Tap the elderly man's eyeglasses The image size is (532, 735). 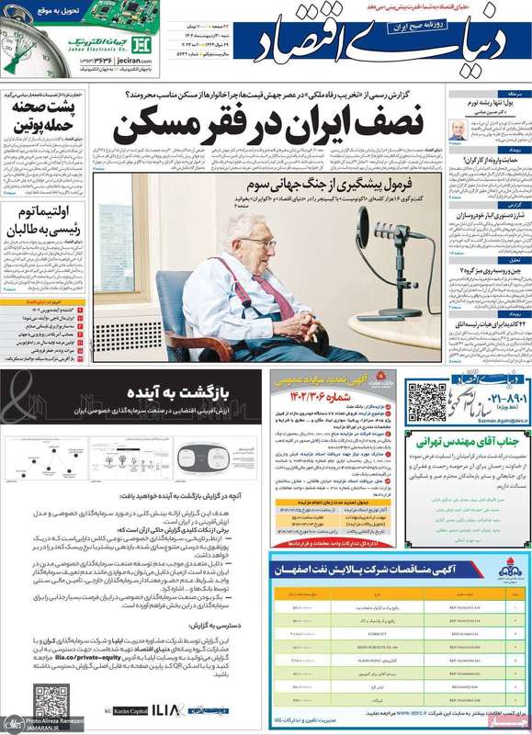click(x=260, y=243)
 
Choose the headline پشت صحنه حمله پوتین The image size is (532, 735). click(x=42, y=114)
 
